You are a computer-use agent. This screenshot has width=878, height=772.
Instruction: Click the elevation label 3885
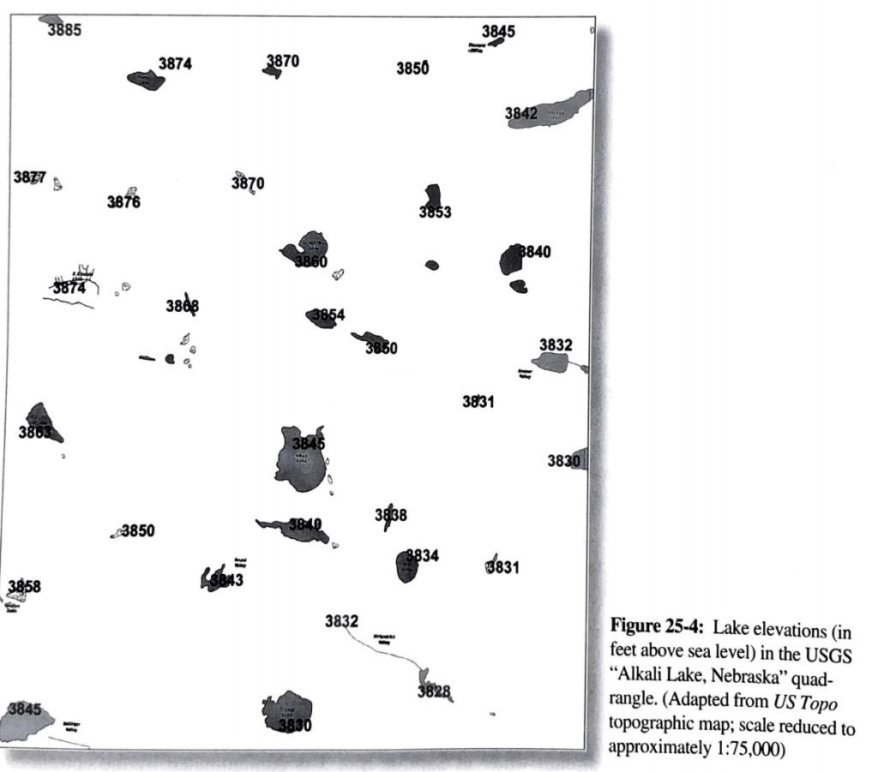tap(64, 31)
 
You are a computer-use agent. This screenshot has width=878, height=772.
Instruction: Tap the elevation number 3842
tap(521, 113)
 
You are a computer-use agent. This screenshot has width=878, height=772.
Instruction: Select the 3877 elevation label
tap(30, 177)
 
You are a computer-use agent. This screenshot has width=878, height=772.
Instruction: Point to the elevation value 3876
tap(123, 202)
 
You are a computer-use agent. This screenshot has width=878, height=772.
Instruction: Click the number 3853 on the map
tap(435, 212)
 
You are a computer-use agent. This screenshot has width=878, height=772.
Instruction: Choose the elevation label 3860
tap(311, 261)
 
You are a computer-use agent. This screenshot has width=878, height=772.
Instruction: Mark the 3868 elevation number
tap(183, 306)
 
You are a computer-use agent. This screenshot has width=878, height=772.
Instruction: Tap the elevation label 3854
tap(328, 315)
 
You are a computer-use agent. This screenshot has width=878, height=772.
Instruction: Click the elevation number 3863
tap(35, 433)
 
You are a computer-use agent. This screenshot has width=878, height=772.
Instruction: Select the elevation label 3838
tap(391, 515)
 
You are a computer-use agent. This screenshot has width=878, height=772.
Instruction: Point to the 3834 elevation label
tap(422, 555)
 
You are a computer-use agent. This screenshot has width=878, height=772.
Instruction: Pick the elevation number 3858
tap(24, 586)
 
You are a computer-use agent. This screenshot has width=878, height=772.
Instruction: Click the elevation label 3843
tap(226, 580)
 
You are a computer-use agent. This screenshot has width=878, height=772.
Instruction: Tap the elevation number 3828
tap(434, 691)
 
